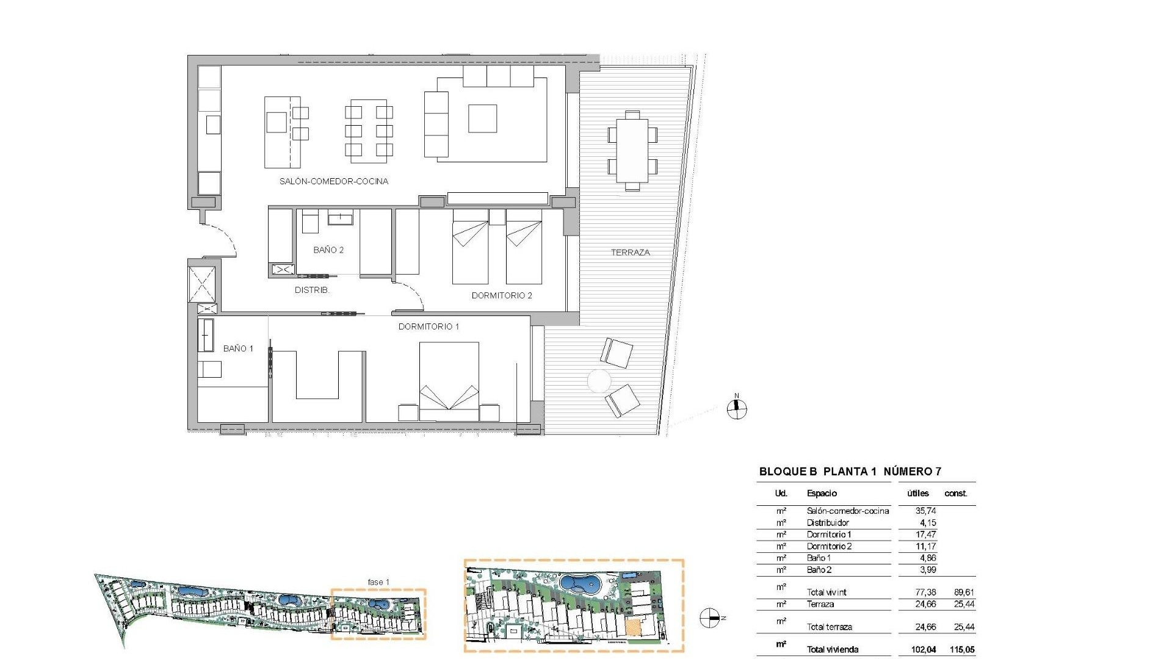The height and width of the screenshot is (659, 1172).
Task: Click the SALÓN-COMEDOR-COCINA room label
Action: [x=333, y=181]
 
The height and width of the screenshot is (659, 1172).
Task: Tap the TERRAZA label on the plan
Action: [x=630, y=252]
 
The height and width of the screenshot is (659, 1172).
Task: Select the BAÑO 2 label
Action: [x=328, y=250]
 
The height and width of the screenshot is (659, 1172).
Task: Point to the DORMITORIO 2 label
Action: [x=502, y=295]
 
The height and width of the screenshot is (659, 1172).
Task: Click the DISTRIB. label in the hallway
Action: [x=312, y=290]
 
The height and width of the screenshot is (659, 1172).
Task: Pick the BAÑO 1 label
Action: [x=238, y=348]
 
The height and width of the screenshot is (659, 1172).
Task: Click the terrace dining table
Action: [x=632, y=151]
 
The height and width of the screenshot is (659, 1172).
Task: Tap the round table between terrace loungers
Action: [x=599, y=381]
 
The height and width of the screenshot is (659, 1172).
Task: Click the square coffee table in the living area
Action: [x=482, y=118]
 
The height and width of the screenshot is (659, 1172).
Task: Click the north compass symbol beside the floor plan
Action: [x=737, y=408]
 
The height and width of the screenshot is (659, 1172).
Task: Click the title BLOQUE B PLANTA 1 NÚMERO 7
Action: [x=850, y=471]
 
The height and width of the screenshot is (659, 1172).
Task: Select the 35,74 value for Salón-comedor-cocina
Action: [x=925, y=511]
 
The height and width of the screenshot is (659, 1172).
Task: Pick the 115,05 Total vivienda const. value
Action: [x=962, y=649]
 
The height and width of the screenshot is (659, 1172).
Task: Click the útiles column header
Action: [x=917, y=493]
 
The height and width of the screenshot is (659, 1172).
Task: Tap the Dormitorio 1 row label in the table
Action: [x=828, y=534]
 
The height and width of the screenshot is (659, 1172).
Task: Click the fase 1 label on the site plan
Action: [x=378, y=582]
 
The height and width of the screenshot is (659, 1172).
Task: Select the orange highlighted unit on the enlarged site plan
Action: [x=635, y=627]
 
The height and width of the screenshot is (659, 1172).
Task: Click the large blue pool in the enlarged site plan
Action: [x=580, y=585]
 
